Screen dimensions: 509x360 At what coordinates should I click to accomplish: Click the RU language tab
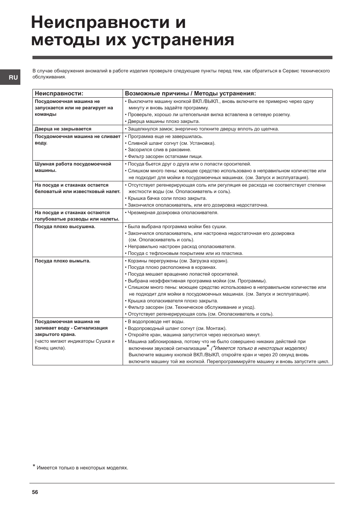pyautogui.click(x=13, y=78)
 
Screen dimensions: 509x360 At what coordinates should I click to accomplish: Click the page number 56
pyautogui.click(x=35, y=492)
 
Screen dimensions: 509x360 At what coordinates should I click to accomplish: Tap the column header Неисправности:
pyautogui.click(x=59, y=94)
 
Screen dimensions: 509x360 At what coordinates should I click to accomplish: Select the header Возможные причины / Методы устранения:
pyautogui.click(x=190, y=94)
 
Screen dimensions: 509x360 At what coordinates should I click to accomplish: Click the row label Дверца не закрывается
pyautogui.click(x=63, y=129)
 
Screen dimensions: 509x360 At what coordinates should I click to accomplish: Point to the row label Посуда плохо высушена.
pyautogui.click(x=65, y=227)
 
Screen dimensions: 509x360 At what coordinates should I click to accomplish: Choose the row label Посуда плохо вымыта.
pyautogui.click(x=63, y=261)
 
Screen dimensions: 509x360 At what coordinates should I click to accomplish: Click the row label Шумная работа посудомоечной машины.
pyautogui.click(x=73, y=167)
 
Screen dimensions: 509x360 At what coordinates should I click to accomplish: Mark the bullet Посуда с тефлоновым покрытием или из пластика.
pyautogui.click(x=185, y=253)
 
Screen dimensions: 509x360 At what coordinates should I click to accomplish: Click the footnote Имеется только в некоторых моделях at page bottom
pyautogui.click(x=82, y=468)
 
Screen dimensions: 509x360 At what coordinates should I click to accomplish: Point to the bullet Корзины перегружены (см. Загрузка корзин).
pyautogui.click(x=178, y=261)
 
